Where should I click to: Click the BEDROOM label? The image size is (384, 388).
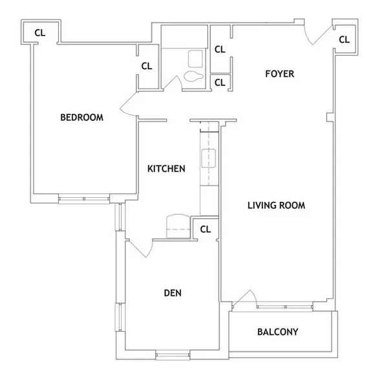point(81,117)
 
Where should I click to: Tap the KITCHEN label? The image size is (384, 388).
point(166,169)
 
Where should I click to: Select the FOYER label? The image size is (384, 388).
point(279,74)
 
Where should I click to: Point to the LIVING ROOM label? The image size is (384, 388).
point(276,206)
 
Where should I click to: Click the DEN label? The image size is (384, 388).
point(173,293)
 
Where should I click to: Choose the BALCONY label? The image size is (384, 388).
point(277,332)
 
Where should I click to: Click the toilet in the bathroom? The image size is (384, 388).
point(193,77)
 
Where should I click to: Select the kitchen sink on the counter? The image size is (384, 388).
point(209,157)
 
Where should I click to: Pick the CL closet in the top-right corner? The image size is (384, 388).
point(343,39)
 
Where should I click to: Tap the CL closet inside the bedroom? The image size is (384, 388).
point(147,65)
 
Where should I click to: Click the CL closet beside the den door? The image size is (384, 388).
point(206,228)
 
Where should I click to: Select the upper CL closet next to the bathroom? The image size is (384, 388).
point(220,49)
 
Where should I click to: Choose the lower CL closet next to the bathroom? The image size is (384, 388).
point(220,82)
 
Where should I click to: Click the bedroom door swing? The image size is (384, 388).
point(128,104)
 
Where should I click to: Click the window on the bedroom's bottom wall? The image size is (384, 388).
point(84,199)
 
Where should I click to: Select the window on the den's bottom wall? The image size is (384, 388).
point(173,354)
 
